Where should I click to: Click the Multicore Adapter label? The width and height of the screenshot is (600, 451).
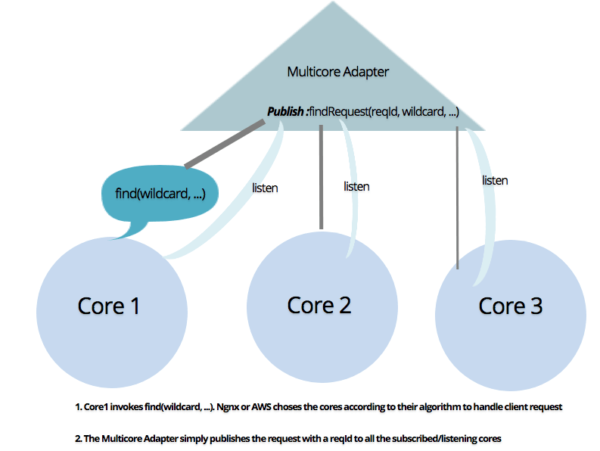[x=338, y=72]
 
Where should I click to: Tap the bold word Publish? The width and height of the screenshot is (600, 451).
[x=285, y=111]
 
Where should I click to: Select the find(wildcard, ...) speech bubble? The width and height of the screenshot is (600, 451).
[x=160, y=194]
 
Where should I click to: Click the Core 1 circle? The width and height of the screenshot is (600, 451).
[x=112, y=313]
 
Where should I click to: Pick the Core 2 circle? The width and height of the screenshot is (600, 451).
[x=322, y=307]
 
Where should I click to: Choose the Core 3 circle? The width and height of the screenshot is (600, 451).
[x=511, y=316]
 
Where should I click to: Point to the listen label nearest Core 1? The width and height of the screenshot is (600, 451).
[x=265, y=188]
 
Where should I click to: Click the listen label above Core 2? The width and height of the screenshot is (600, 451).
[x=356, y=186]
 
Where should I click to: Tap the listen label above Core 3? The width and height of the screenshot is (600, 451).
[x=495, y=180]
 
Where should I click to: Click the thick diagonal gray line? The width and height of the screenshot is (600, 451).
[x=225, y=144]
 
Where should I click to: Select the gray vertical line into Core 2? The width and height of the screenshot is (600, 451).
[x=321, y=177]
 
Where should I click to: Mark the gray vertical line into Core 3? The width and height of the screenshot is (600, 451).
[x=457, y=198]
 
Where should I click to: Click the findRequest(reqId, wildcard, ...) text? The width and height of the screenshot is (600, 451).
[x=384, y=111]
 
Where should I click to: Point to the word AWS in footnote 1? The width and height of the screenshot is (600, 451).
[x=261, y=406]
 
